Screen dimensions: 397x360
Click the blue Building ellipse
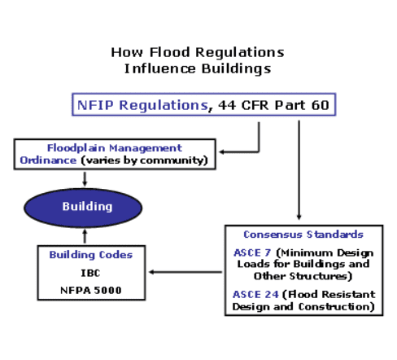click(x=83, y=208)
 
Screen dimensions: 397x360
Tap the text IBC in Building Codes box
click(x=90, y=273)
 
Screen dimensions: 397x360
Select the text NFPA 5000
click(x=91, y=291)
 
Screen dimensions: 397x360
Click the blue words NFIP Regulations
click(x=142, y=105)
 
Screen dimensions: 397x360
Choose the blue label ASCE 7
click(x=252, y=252)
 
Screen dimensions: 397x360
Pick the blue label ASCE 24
click(x=255, y=294)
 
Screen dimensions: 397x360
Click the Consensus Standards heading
click(x=303, y=235)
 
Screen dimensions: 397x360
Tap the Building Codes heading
click(x=91, y=255)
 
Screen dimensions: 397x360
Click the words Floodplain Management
click(x=115, y=148)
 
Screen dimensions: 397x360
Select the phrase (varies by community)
click(x=145, y=160)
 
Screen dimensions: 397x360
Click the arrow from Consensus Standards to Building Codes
click(x=185, y=272)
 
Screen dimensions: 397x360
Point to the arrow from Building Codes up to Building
click(x=85, y=236)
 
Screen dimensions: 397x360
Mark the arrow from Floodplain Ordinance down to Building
click(x=85, y=179)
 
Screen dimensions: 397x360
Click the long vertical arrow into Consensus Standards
click(x=299, y=170)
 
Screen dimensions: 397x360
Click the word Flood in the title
click(x=170, y=52)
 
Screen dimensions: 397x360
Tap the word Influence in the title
click(x=159, y=68)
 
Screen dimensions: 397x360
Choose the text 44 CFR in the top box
click(x=243, y=105)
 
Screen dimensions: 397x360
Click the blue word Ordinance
click(x=48, y=160)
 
